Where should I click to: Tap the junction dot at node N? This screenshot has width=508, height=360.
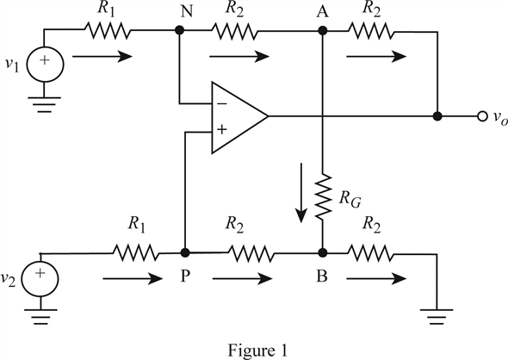pyautogui.click(x=179, y=30)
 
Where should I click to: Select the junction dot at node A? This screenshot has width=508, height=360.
pyautogui.click(x=322, y=31)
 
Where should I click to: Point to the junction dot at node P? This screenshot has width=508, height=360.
pyautogui.click(x=185, y=252)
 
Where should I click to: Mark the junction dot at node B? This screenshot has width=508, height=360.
pyautogui.click(x=322, y=252)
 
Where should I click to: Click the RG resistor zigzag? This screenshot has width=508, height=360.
pyautogui.click(x=323, y=196)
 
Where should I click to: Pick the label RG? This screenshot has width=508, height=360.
pyautogui.click(x=350, y=198)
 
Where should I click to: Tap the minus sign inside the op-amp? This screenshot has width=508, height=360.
pyautogui.click(x=222, y=103)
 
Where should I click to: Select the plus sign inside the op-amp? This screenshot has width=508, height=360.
pyautogui.click(x=222, y=130)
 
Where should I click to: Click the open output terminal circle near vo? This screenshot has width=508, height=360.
pyautogui.click(x=482, y=116)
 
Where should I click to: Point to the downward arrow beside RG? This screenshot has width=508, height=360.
pyautogui.click(x=301, y=193)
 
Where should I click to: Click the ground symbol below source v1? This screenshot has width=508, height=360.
pyautogui.click(x=45, y=104)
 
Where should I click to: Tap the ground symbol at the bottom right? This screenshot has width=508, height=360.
pyautogui.click(x=437, y=317)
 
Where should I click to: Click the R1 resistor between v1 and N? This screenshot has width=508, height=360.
pyautogui.click(x=108, y=30)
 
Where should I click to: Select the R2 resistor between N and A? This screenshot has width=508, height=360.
pyautogui.click(x=234, y=31)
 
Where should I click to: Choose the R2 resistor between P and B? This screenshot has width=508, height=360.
pyautogui.click(x=251, y=252)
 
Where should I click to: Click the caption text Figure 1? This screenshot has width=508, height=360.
pyautogui.click(x=257, y=351)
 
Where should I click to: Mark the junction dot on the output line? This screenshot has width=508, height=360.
pyautogui.click(x=437, y=116)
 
